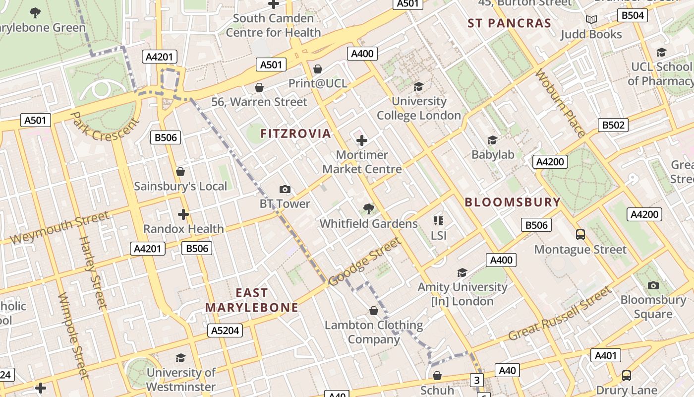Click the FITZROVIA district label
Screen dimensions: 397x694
click(295, 133)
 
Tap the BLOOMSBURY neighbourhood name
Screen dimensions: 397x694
click(513, 202)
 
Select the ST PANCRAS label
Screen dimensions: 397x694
click(510, 23)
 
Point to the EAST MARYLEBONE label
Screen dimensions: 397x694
click(252, 300)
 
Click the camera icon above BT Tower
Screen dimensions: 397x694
click(285, 189)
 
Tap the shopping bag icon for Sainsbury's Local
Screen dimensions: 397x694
click(180, 172)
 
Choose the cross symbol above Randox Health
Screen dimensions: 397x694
click(183, 214)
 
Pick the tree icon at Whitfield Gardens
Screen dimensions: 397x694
click(368, 208)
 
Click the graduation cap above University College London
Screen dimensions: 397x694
click(418, 87)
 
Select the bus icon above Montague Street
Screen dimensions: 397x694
click(580, 234)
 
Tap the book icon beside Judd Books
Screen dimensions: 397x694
click(591, 20)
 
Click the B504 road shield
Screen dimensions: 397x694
click(633, 15)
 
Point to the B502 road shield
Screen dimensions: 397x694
click(613, 125)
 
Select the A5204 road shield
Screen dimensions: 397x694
click(226, 331)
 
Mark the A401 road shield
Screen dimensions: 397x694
click(605, 355)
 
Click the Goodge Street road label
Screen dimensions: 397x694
click(364, 262)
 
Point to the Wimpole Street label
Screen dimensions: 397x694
click(73, 335)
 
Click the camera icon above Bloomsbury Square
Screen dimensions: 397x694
click(653, 285)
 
